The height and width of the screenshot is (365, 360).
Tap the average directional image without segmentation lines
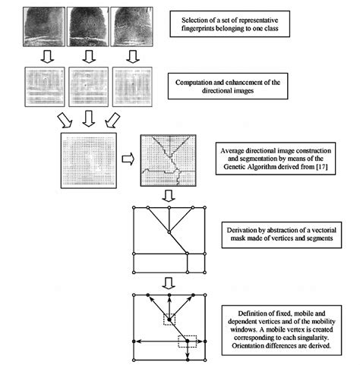[x=90, y=160]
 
